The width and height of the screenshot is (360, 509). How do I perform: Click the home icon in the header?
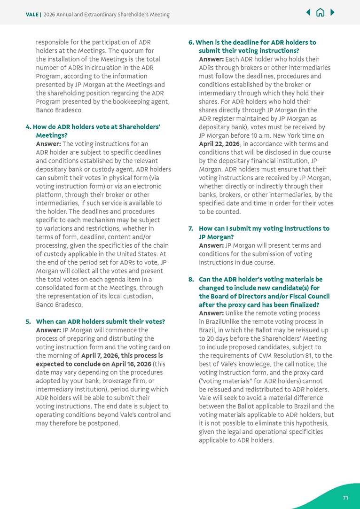coord(320,13)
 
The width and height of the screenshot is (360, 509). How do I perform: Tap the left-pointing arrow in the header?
coord(308,13)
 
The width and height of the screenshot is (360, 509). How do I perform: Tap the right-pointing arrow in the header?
coord(332,13)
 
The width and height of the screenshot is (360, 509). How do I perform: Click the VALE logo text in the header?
coord(32,15)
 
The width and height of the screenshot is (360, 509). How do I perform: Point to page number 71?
coord(345,498)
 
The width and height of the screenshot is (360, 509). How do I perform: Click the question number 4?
coord(28,127)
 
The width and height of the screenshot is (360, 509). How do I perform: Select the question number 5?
coord(28,321)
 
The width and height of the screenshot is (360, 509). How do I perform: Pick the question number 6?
coord(191,42)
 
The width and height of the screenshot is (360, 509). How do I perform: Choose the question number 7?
coord(191,228)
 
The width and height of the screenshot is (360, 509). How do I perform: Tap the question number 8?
coord(191,279)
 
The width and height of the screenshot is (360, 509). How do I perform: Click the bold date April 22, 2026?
coord(219,144)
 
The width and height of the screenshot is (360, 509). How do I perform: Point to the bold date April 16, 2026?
coord(132,364)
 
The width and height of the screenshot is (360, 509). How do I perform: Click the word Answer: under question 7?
coord(211,245)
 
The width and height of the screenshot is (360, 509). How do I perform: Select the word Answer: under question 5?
coord(48,330)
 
